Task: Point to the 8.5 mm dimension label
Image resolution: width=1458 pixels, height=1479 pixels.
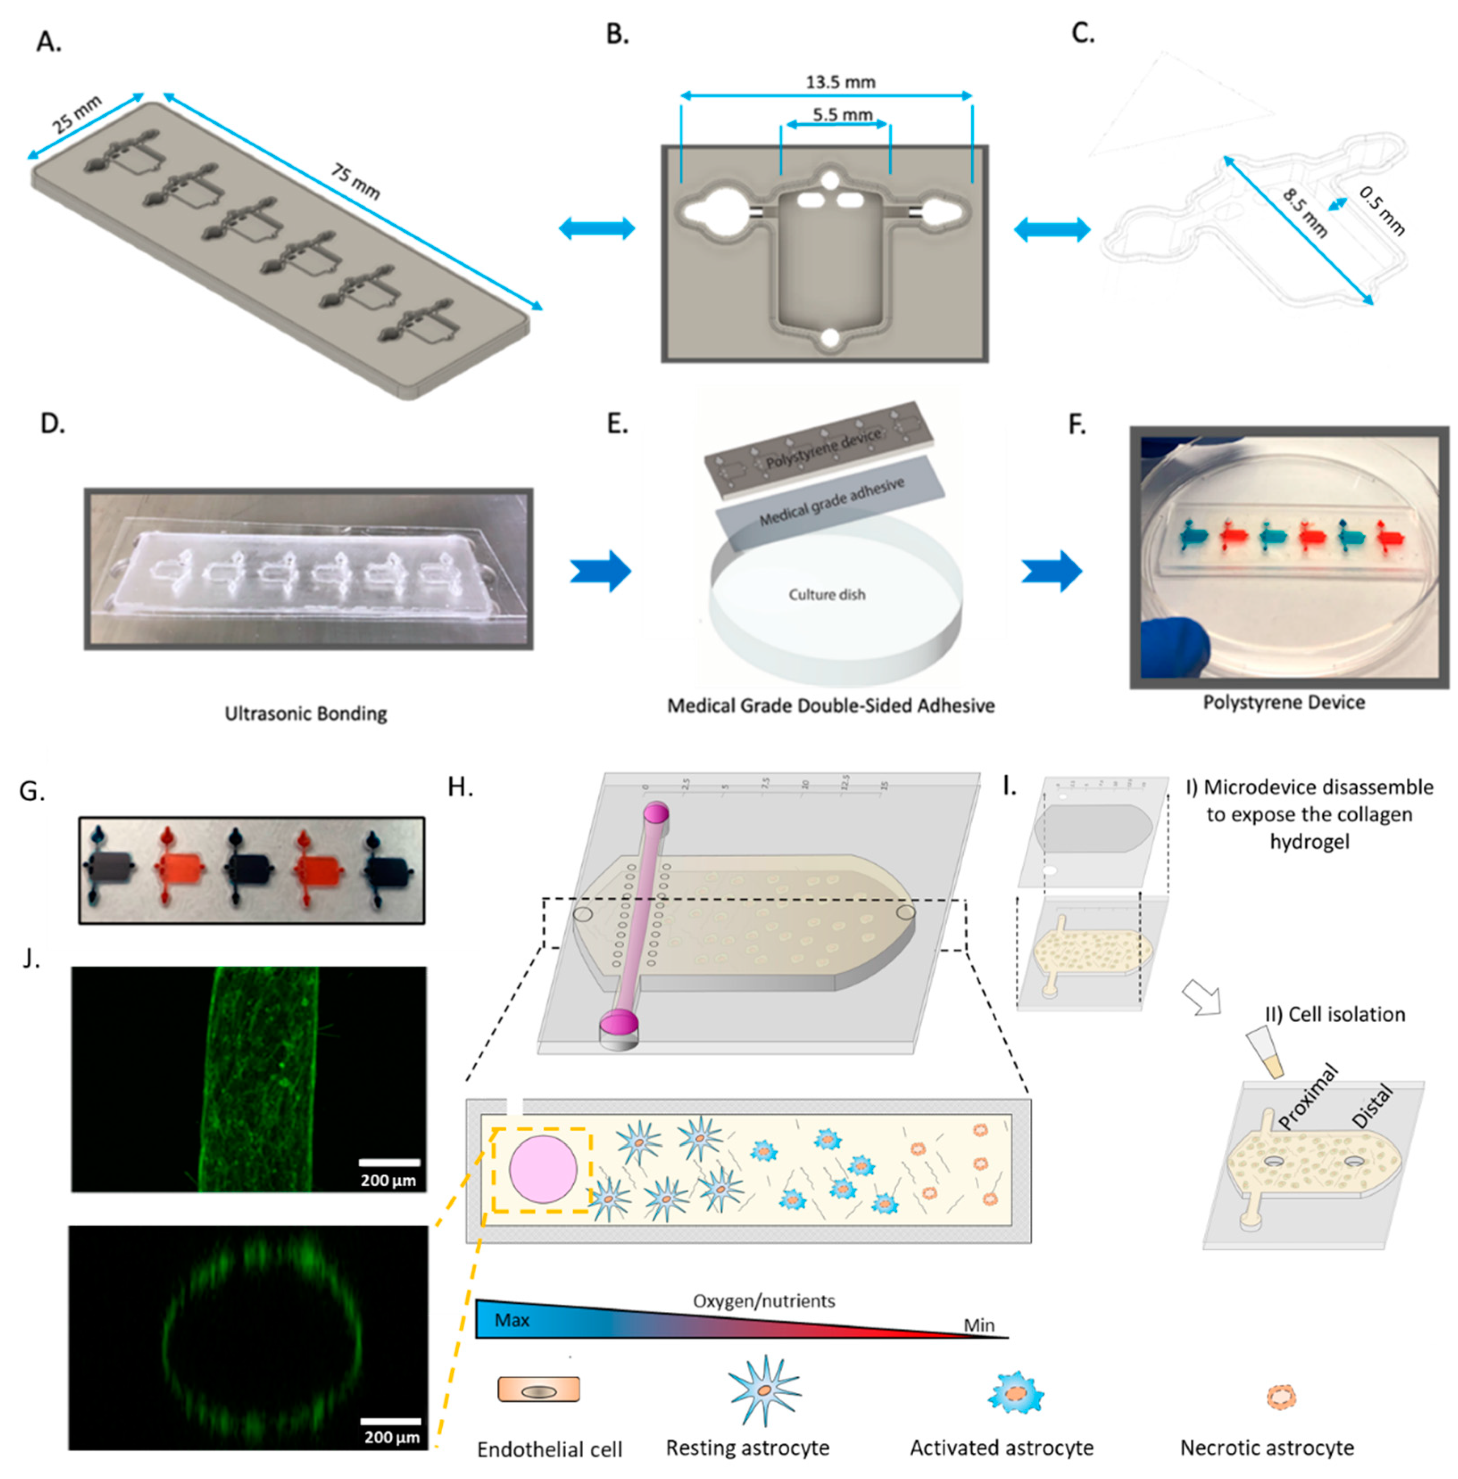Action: click(x=1305, y=213)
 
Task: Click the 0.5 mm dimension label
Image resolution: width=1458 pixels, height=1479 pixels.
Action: click(x=1382, y=211)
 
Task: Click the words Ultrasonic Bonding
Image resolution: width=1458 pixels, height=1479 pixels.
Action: click(x=306, y=714)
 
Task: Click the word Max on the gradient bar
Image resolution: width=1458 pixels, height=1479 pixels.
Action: click(x=512, y=1320)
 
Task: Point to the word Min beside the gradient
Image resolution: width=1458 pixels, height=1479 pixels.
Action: click(x=979, y=1325)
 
